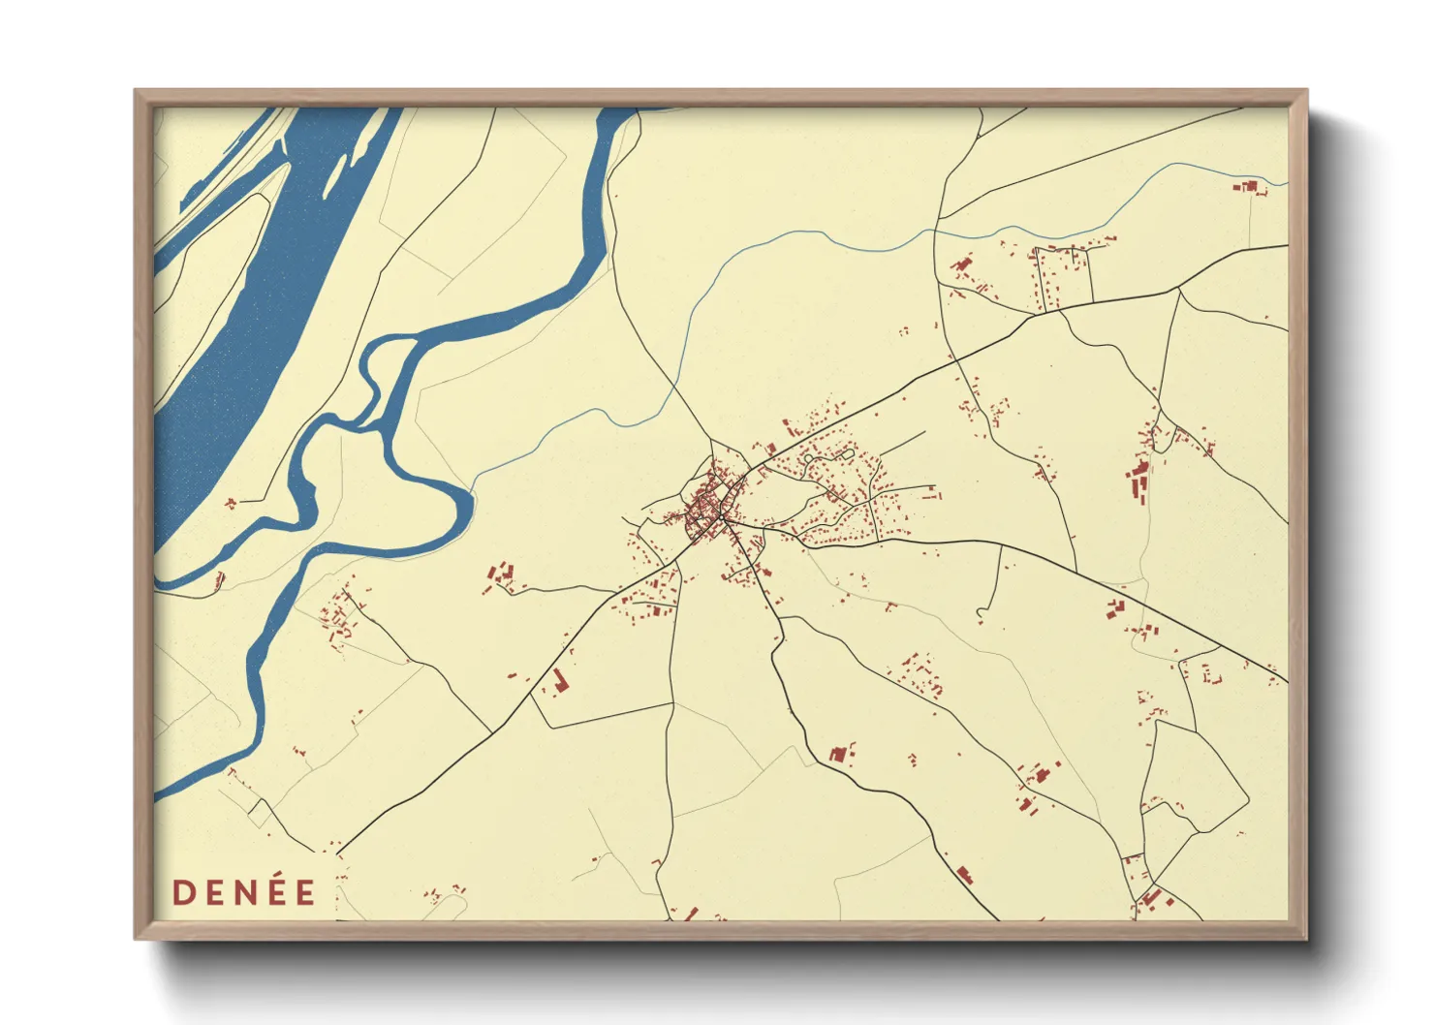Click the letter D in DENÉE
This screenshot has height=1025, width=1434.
point(181,892)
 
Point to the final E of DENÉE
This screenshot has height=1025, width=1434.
point(306,892)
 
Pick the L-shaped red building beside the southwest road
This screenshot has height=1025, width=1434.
point(559,680)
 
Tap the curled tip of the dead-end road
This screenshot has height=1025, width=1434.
point(981,613)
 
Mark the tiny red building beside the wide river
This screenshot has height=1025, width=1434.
point(231,503)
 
